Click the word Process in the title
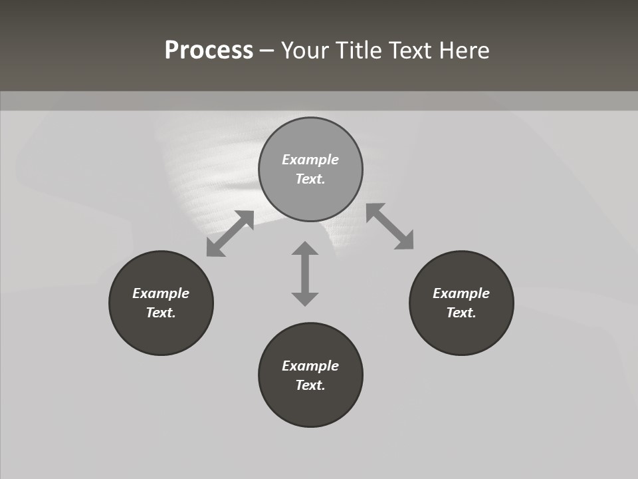point(209,51)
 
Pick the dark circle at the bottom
point(310,406)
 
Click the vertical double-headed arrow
point(305,273)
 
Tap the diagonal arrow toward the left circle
point(230,234)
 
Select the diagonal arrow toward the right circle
point(390,226)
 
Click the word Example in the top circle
point(310,160)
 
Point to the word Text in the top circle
point(310,179)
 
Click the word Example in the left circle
point(161,293)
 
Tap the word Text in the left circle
point(161,313)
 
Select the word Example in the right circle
point(461,293)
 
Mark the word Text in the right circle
point(461,313)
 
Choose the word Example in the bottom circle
point(310,366)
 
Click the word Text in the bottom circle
point(310,385)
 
